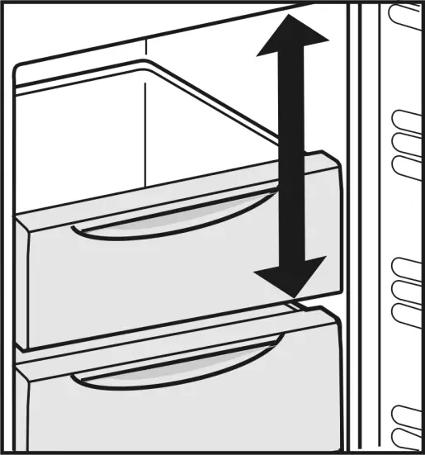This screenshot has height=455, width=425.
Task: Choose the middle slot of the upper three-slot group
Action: tap(405, 142)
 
